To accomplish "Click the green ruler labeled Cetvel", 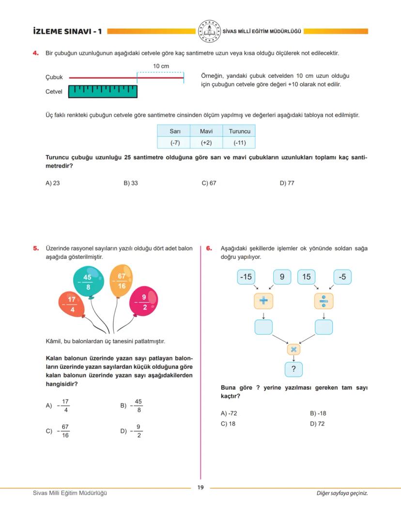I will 103,91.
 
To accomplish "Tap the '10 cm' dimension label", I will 161,66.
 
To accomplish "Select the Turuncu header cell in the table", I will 239,131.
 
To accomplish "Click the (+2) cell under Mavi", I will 206,143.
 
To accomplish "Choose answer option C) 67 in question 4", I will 209,183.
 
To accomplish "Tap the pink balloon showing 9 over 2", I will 144,301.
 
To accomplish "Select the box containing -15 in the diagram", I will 247,277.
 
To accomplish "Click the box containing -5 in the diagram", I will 342,277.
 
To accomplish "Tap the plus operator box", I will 263,301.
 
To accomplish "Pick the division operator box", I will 324,301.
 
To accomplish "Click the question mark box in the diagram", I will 293,370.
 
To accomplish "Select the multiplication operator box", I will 293,349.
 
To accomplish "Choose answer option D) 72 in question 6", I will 317,424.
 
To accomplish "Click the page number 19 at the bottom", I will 200,487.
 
